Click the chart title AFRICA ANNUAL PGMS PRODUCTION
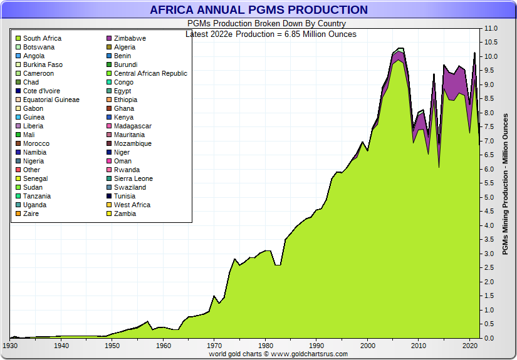pyautogui.click(x=258, y=10)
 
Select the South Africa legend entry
pyautogui.click(x=42, y=38)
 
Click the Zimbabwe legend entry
pyautogui.click(x=130, y=38)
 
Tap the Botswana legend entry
pyautogui.click(x=39, y=47)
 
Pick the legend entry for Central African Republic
pyautogui.click(x=150, y=73)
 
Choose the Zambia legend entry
pyautogui.click(x=125, y=213)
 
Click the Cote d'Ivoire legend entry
pyautogui.click(x=41, y=91)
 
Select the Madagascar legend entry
pyautogui.click(x=133, y=126)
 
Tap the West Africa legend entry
pyautogui.click(x=132, y=205)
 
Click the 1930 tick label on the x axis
pyautogui.click(x=10, y=346)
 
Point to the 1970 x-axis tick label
pyautogui.click(x=214, y=346)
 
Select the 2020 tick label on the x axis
pyautogui.click(x=470, y=346)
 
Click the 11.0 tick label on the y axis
pyautogui.click(x=491, y=29)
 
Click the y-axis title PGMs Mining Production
pyautogui.click(x=506, y=184)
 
